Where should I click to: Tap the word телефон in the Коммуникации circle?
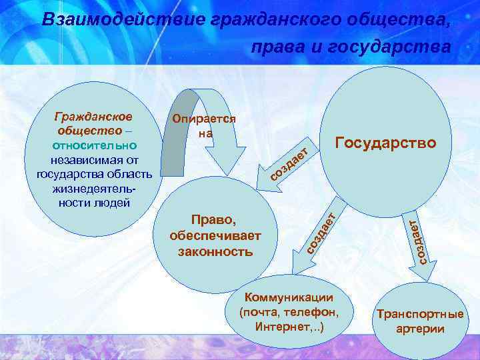[314, 312]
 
